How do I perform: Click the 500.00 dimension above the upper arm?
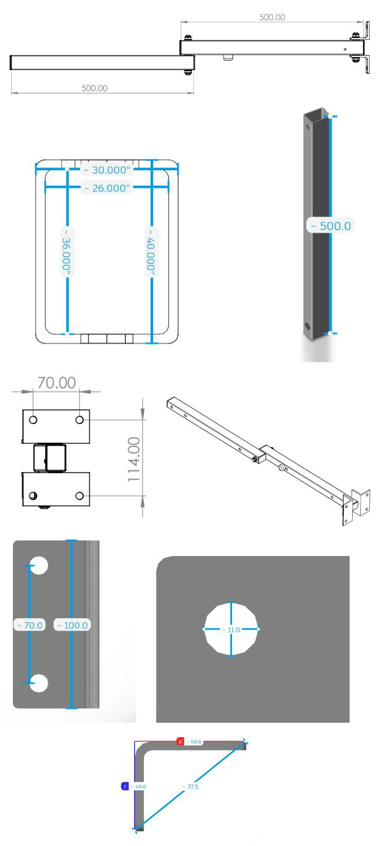click(x=272, y=18)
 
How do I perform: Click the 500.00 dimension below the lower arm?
click(x=94, y=88)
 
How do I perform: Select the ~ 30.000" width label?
click(x=108, y=170)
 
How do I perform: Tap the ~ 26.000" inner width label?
click(x=108, y=188)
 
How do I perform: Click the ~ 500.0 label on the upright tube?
click(x=331, y=226)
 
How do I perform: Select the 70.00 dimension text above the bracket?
click(x=56, y=383)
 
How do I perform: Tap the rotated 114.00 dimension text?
click(x=134, y=460)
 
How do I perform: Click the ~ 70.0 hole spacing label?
click(x=30, y=625)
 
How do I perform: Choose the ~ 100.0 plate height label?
click(x=72, y=625)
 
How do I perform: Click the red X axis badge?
click(x=180, y=742)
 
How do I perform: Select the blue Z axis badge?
click(x=124, y=787)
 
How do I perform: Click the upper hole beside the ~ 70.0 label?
click(x=39, y=565)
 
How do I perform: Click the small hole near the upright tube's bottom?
click(x=308, y=327)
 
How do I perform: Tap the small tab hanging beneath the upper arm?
click(x=228, y=57)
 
